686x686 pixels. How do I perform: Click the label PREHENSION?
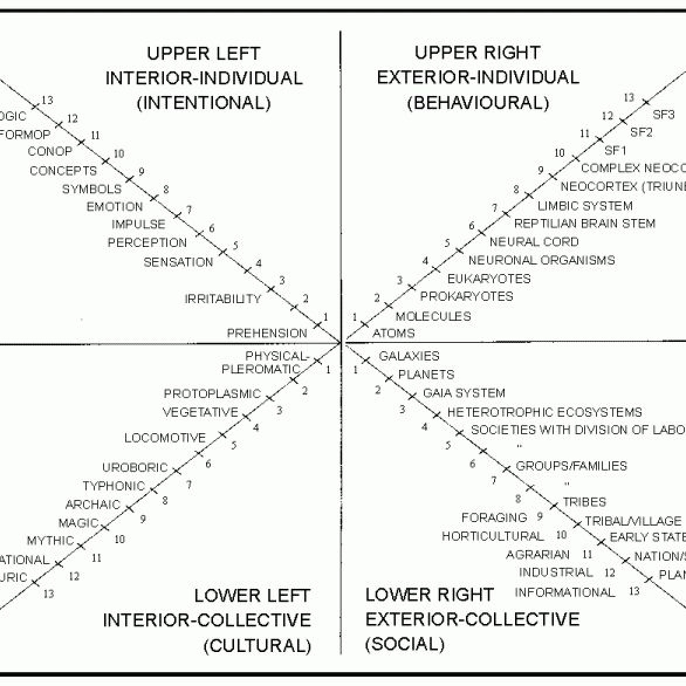[x=267, y=333]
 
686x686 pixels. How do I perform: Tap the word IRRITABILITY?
[x=223, y=299]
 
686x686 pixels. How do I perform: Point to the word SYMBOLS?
[x=92, y=189]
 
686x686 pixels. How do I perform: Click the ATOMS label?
[x=393, y=333]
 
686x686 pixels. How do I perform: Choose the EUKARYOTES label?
[x=489, y=279]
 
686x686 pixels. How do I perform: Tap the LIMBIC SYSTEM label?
[x=585, y=206]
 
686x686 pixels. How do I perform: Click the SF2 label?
[x=641, y=132]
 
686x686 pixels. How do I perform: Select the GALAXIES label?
[x=409, y=356]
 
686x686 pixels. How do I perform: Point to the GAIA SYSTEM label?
[x=464, y=393]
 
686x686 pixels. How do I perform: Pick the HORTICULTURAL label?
[x=493, y=536]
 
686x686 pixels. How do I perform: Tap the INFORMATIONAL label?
[x=565, y=592]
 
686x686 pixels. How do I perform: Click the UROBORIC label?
[x=135, y=467]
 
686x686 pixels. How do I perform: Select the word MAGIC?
[x=78, y=523]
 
